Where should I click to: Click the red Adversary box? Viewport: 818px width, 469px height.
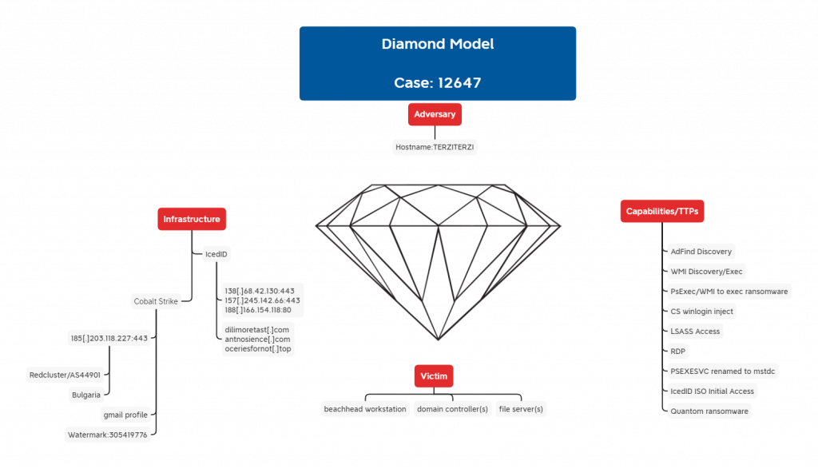tap(435, 114)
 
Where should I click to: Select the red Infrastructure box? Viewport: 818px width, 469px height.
tap(191, 219)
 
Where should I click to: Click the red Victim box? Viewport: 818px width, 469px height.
tap(435, 376)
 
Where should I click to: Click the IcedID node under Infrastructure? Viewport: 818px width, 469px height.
tap(216, 254)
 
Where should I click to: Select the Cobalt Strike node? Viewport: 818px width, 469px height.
tap(156, 301)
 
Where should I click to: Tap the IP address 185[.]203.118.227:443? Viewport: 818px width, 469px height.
tap(109, 338)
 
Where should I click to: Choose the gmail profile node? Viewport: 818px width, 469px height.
tap(125, 415)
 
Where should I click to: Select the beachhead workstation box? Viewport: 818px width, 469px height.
tap(364, 409)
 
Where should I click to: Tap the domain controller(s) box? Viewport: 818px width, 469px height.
tap(451, 409)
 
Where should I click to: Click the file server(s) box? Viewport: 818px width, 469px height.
tap(521, 409)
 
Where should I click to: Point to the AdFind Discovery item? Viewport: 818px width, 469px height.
tap(701, 252)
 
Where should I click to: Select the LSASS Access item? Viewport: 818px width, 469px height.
tap(695, 331)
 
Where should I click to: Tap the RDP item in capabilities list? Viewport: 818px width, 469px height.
tap(678, 351)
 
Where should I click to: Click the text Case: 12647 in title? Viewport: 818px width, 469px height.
tap(437, 82)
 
